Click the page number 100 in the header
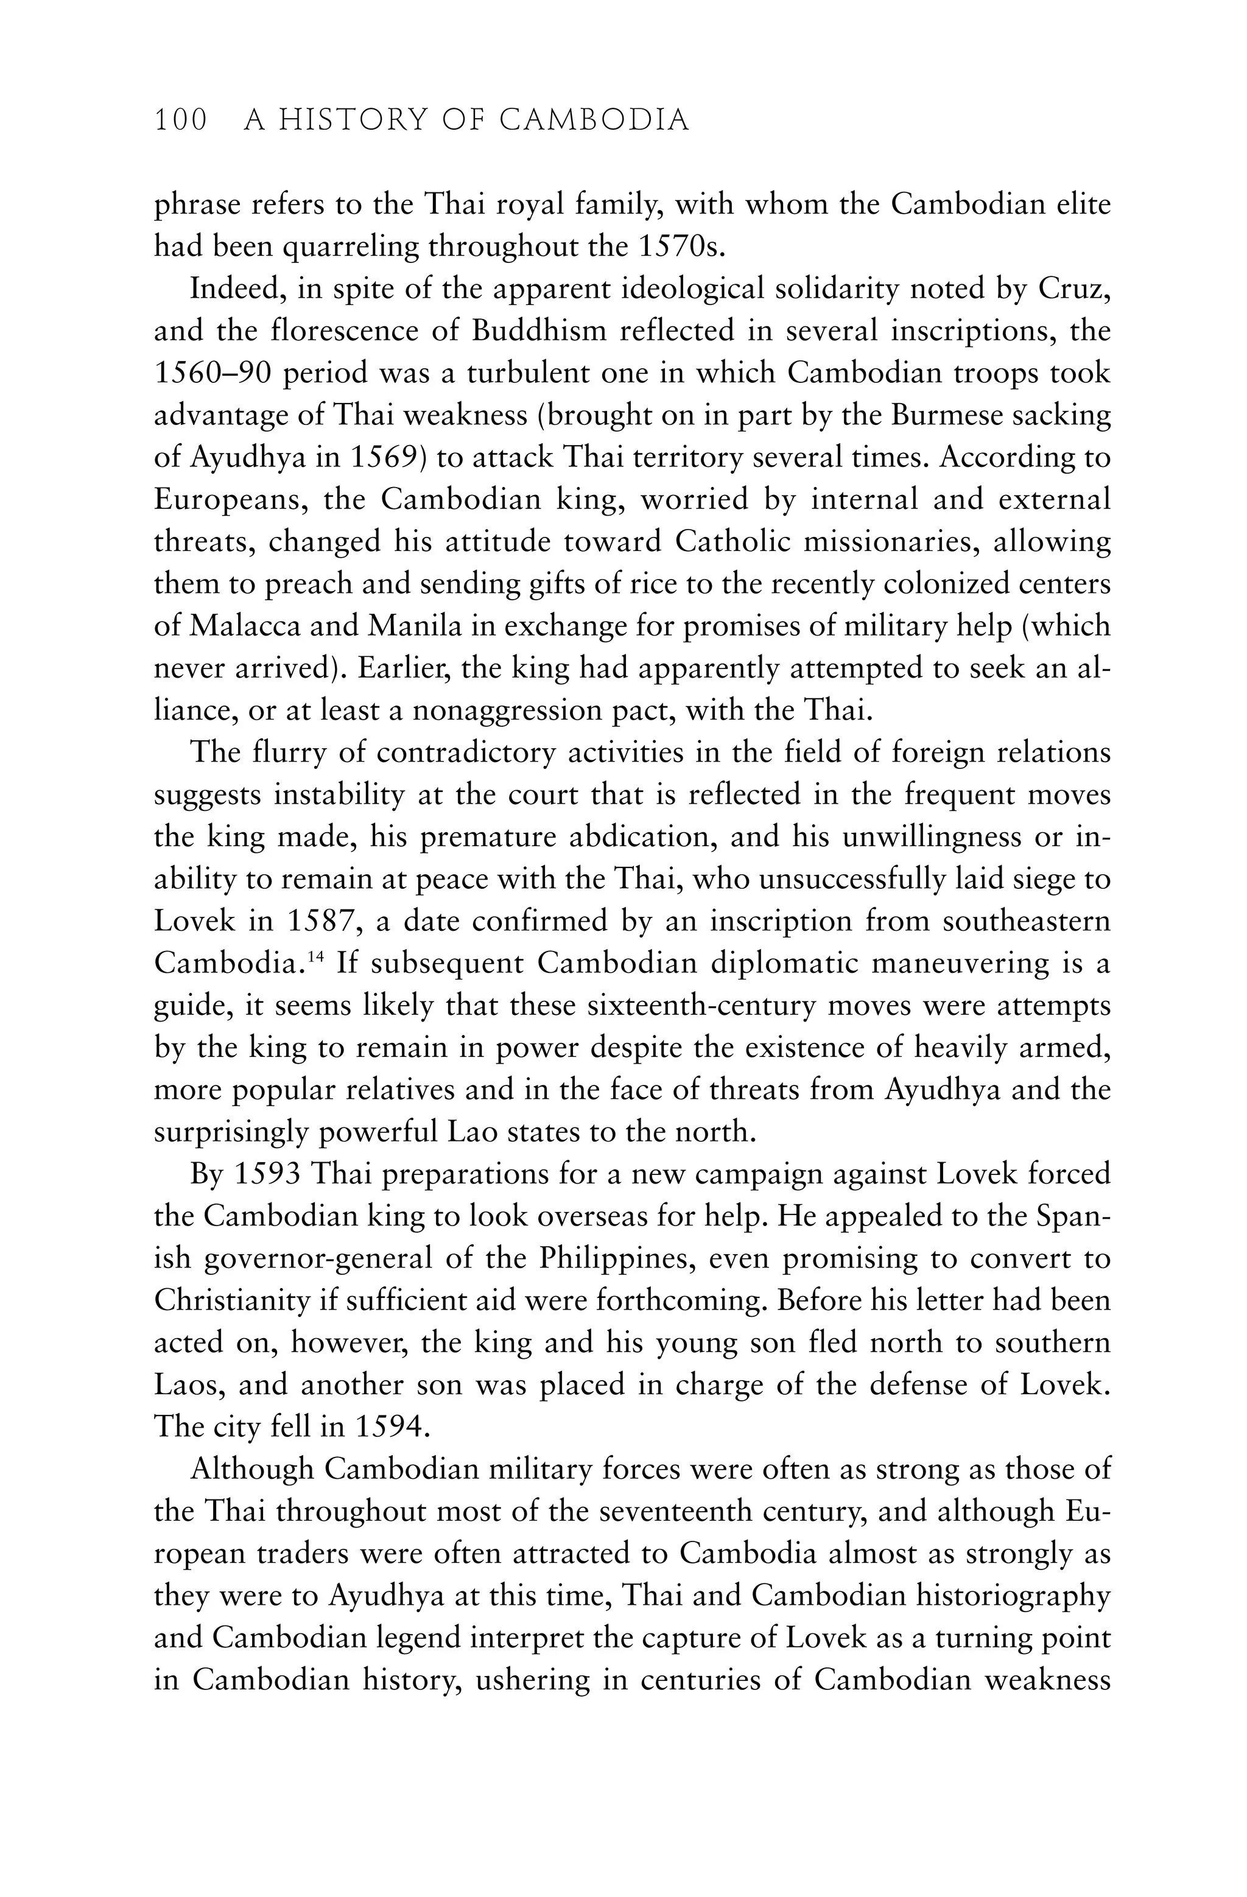coord(180,121)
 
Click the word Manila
coord(415,626)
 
